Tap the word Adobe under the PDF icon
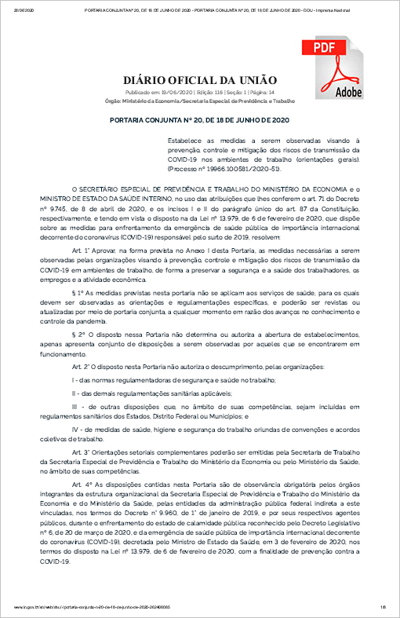tap(349, 92)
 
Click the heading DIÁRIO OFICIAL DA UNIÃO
tap(200, 79)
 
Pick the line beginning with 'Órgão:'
tap(200, 101)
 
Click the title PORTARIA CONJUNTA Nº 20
tap(200, 119)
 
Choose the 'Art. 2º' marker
tap(81, 367)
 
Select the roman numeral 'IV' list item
tap(75, 430)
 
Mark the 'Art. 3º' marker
tap(81, 455)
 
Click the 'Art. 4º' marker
tap(81, 485)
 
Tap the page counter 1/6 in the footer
tap(384, 608)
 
